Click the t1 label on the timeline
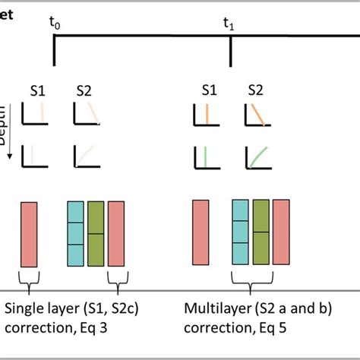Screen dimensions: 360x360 tap(229, 25)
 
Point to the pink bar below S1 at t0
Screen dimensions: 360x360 tap(29, 234)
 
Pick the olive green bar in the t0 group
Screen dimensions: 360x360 tap(96, 234)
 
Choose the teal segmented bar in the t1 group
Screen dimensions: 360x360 tap(240, 232)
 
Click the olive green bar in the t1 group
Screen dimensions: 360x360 tap(261, 232)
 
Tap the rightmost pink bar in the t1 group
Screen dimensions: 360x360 tap(281, 232)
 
